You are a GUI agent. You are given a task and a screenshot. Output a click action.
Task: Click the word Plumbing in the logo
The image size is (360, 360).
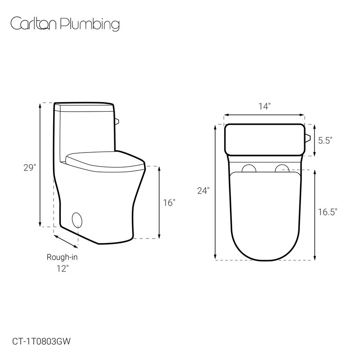pyautogui.click(x=90, y=24)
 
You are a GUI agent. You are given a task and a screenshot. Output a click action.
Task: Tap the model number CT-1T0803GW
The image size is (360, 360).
pyautogui.click(x=41, y=342)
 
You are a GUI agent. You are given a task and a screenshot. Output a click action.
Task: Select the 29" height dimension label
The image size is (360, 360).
pyautogui.click(x=30, y=168)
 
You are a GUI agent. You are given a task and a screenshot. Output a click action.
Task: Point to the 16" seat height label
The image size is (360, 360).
pyautogui.click(x=169, y=203)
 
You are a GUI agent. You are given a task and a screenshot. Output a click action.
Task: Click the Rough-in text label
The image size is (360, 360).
pyautogui.click(x=62, y=257)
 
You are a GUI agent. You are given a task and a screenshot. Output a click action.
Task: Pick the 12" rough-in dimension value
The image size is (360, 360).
pyautogui.click(x=63, y=268)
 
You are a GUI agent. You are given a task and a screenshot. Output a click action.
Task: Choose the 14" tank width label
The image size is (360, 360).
pyautogui.click(x=265, y=106)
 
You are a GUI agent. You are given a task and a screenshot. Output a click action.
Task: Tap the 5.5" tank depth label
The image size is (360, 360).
pyautogui.click(x=325, y=140)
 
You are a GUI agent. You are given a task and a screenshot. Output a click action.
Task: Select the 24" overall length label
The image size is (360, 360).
pyautogui.click(x=203, y=191)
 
